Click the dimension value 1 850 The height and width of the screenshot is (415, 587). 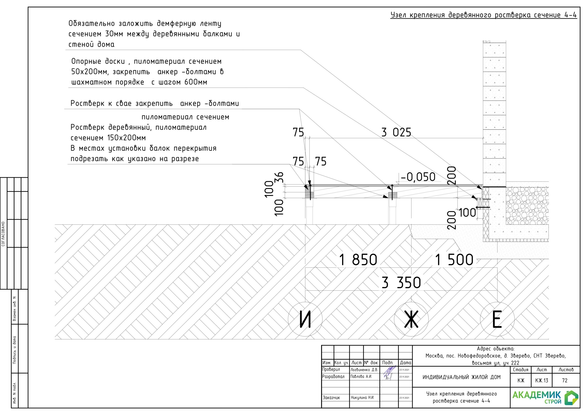click(x=358, y=260)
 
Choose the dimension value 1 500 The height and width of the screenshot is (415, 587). click(x=454, y=260)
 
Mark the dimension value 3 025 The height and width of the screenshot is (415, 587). click(x=396, y=133)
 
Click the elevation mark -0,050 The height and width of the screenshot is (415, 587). click(x=418, y=177)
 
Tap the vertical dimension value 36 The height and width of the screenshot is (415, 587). click(x=279, y=177)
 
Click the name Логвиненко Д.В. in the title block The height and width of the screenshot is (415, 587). click(x=364, y=370)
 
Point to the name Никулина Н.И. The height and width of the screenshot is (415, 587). click(x=362, y=398)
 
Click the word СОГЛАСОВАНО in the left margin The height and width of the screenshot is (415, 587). click(x=3, y=233)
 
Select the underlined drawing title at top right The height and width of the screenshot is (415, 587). click(x=483, y=15)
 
